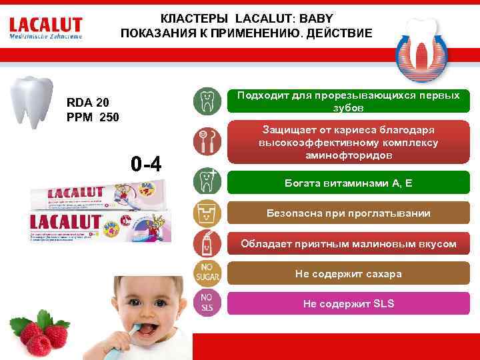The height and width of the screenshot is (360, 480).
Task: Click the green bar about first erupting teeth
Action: (346, 101)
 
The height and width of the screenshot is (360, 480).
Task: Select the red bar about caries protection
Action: (346, 142)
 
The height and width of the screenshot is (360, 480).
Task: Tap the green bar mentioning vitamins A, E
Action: (346, 182)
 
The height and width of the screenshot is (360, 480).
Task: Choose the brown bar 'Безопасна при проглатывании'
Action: (346, 213)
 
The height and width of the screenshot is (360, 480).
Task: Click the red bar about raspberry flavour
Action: (346, 244)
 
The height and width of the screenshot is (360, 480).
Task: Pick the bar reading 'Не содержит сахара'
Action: (346, 274)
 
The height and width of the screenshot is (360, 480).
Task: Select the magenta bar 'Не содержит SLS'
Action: (346, 303)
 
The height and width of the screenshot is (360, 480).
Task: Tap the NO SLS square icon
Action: (205, 303)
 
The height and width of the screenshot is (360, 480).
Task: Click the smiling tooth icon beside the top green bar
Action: (205, 101)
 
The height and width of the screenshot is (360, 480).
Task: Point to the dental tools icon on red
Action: (205, 141)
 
